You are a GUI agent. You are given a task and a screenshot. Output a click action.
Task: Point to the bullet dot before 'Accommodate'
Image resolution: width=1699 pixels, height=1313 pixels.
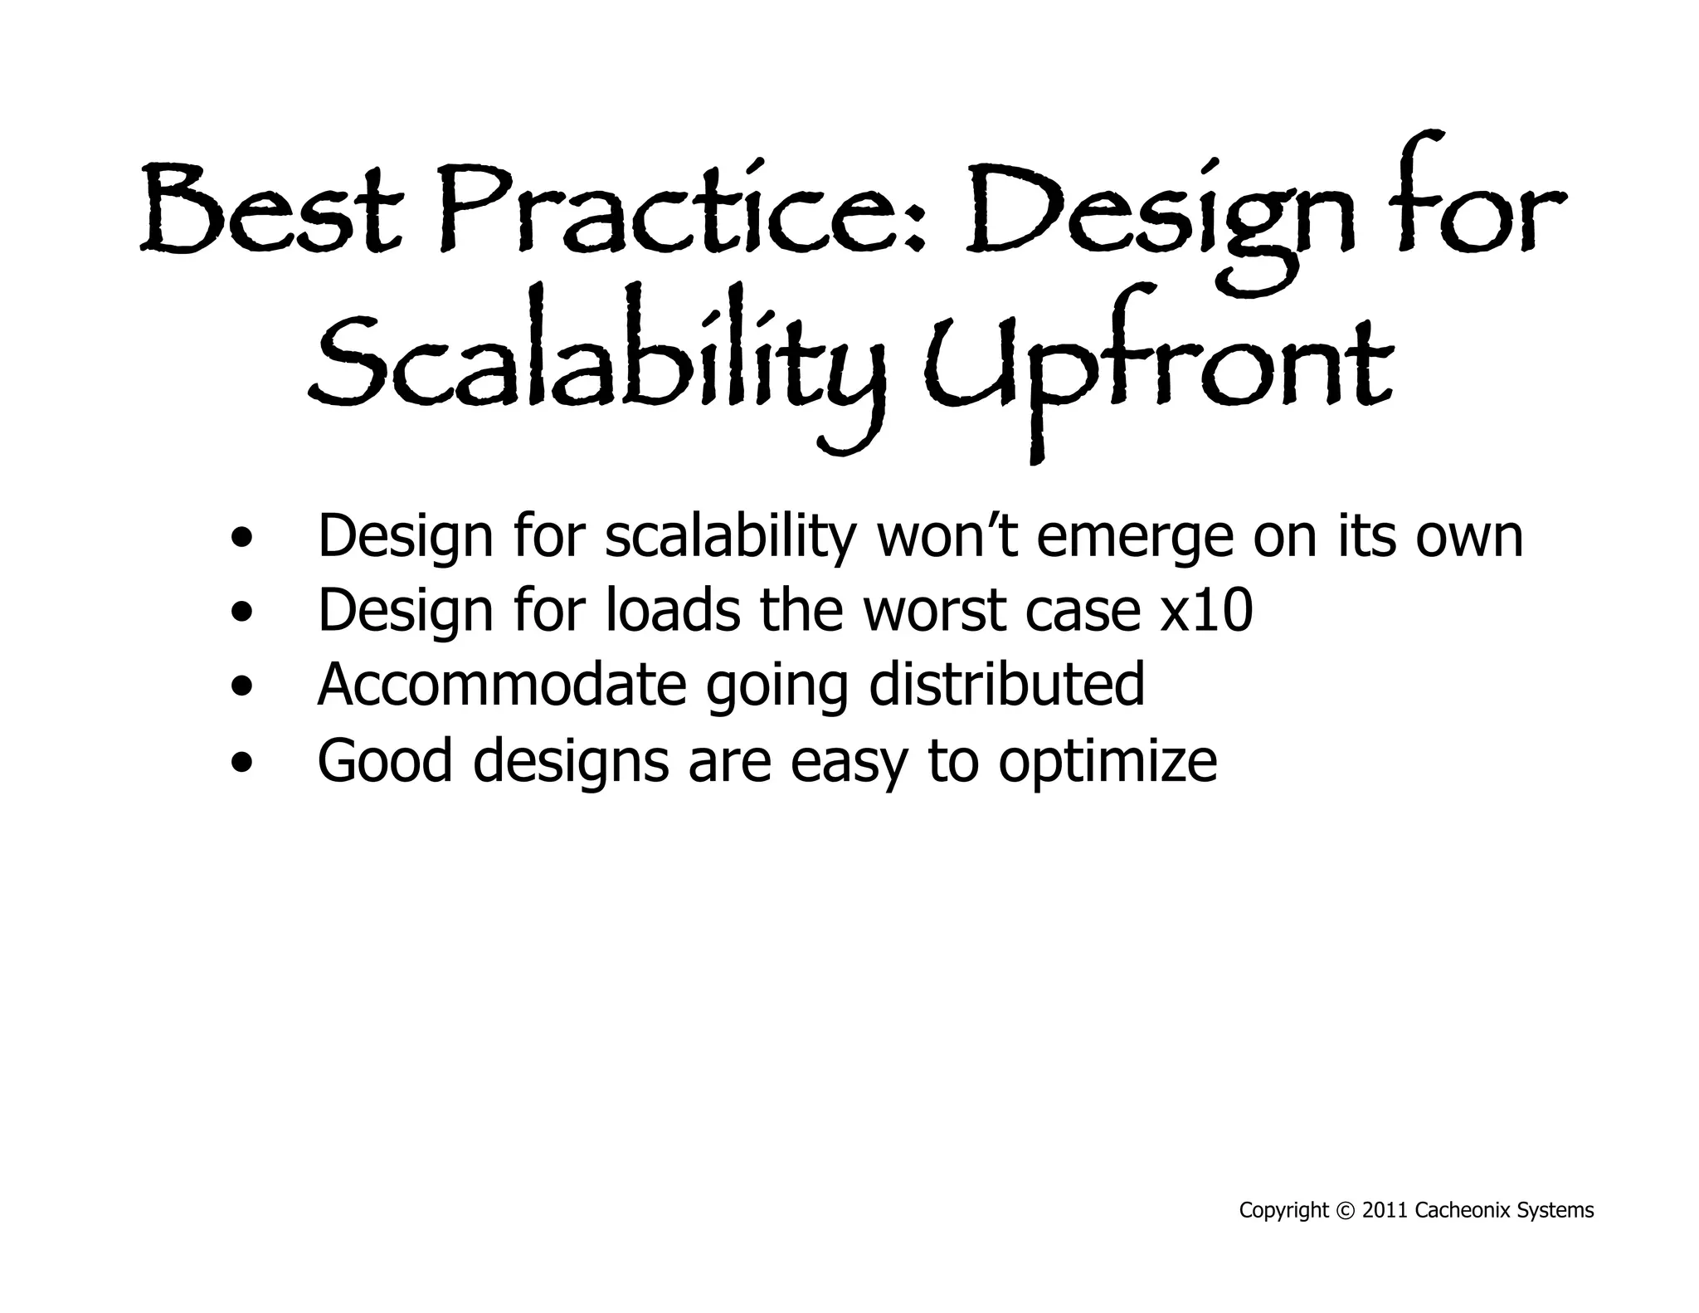pyautogui.click(x=241, y=687)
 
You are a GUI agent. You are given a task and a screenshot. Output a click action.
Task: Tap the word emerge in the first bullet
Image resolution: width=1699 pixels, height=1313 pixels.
pyautogui.click(x=1135, y=538)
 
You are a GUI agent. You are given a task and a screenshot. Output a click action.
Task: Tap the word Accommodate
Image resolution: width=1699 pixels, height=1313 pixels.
pyautogui.click(x=501, y=686)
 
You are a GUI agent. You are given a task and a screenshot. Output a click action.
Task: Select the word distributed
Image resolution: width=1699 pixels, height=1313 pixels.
pyautogui.click(x=1006, y=686)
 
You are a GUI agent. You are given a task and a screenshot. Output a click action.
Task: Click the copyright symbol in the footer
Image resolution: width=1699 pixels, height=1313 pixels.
pyautogui.click(x=1345, y=1211)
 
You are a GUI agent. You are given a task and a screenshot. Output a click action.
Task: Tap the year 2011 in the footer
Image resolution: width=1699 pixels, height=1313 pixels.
pyautogui.click(x=1385, y=1211)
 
